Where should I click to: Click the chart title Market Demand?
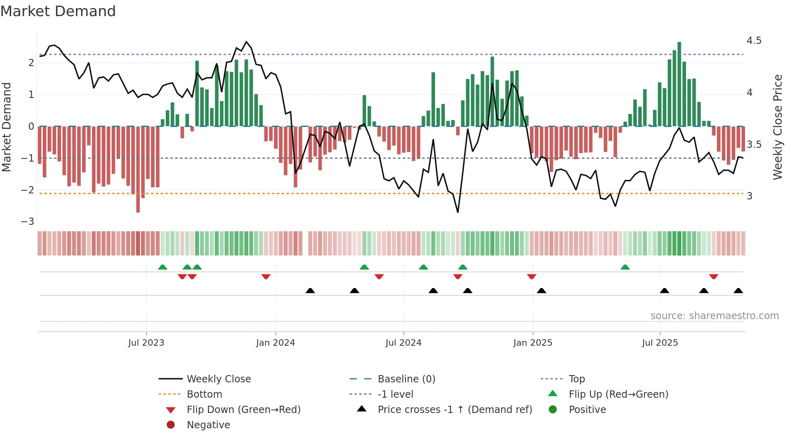point(58,11)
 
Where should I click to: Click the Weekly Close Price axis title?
point(778,127)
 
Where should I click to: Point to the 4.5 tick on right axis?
point(753,41)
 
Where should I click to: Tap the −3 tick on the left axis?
point(27,222)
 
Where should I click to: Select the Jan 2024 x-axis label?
point(275,343)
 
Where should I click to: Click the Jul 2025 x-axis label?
point(660,343)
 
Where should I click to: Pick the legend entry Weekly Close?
point(218,379)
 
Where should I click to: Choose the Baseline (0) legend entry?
point(406,379)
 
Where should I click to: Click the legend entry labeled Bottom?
point(204,394)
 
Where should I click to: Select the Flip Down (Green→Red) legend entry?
point(243,410)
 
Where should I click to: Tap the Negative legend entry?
point(208,425)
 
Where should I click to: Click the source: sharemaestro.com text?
point(714,316)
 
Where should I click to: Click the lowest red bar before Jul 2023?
point(138,169)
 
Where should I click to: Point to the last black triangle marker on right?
point(738,290)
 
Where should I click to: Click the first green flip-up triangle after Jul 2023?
point(162,267)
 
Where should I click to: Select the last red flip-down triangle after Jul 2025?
point(714,277)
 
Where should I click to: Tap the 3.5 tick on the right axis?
point(753,145)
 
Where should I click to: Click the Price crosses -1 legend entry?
point(454,410)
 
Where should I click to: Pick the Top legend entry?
point(576,379)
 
